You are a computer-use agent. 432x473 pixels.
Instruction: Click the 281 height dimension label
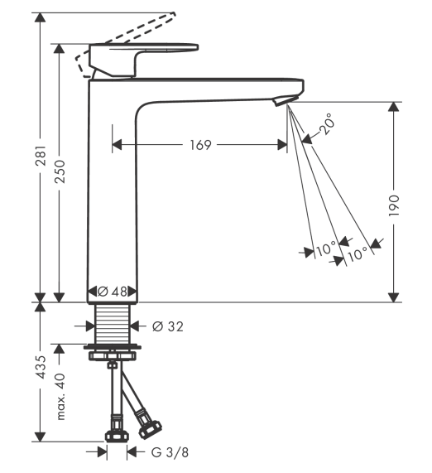(41, 156)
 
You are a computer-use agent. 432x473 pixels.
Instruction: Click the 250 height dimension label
(60, 171)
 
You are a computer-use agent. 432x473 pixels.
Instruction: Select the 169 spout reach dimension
(201, 145)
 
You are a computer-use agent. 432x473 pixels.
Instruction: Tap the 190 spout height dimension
(394, 205)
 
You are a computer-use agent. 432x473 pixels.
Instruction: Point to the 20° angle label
(326, 124)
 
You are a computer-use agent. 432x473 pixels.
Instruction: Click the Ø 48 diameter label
(113, 292)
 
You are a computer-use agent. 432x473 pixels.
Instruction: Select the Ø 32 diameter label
(168, 326)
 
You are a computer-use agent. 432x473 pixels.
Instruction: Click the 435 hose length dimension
(41, 367)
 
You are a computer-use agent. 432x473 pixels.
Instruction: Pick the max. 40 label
(60, 397)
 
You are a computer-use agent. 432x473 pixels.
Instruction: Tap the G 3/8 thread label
(170, 452)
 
